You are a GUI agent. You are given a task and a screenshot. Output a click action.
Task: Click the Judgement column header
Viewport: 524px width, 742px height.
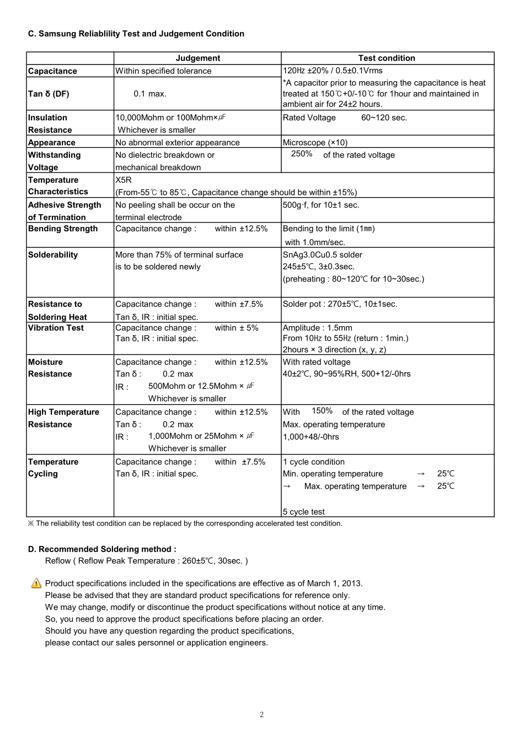[197, 58]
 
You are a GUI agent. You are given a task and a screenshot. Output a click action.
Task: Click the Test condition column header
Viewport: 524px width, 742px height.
[386, 58]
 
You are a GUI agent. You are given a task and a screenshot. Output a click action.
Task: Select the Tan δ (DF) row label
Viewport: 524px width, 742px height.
[49, 94]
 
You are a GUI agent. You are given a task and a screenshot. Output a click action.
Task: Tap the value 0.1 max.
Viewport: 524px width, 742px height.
[149, 94]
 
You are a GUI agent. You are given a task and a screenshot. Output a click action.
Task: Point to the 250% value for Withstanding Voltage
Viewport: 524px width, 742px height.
[302, 154]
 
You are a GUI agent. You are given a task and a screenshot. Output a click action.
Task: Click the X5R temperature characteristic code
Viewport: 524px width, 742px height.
[124, 180]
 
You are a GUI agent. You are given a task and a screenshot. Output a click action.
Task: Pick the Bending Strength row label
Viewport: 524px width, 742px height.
[63, 229]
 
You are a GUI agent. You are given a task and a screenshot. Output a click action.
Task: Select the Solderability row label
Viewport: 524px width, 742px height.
[53, 255]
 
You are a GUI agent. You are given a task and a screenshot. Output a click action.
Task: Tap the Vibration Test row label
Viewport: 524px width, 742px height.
[56, 328]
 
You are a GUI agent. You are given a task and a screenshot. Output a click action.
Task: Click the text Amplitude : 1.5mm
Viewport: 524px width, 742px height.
[317, 328]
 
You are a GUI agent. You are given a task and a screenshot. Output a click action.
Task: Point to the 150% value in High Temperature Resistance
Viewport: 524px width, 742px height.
[322, 411]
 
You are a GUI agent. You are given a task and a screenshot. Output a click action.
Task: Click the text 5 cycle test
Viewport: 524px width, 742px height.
[303, 512]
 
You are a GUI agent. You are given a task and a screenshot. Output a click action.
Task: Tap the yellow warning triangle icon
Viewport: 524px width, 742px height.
[36, 583]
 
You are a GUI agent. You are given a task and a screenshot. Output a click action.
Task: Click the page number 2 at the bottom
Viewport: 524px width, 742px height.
[261, 715]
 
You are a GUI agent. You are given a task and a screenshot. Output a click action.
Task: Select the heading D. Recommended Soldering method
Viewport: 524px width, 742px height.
[102, 549]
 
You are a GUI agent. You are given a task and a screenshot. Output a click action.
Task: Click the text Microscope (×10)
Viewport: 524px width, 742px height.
[315, 142]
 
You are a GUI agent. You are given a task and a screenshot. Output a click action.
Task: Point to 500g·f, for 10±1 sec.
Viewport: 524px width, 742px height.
[320, 205]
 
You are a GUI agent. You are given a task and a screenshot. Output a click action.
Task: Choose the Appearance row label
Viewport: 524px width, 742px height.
[51, 142]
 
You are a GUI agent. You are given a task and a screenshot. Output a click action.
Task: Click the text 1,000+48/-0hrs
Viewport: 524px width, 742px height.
[311, 437]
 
